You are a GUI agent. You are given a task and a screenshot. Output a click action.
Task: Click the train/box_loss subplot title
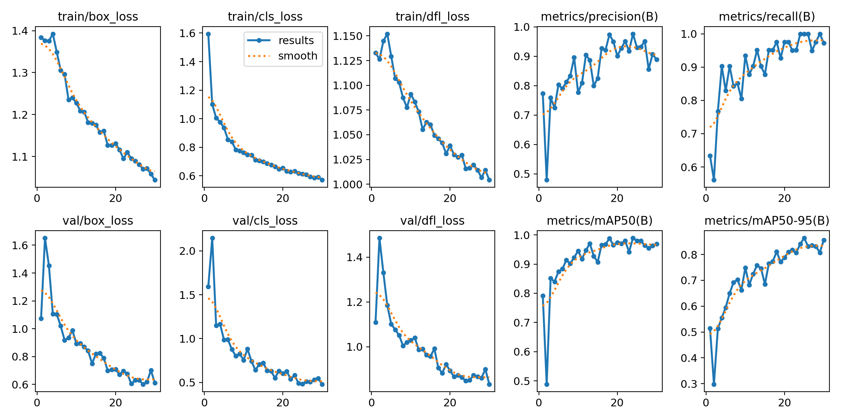[98, 16]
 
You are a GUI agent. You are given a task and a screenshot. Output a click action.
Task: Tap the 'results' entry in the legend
[296, 41]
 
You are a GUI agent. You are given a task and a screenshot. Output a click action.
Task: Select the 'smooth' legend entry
[298, 56]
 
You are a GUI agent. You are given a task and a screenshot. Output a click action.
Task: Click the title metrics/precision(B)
[599, 16]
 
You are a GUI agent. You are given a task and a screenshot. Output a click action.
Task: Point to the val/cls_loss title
[265, 220]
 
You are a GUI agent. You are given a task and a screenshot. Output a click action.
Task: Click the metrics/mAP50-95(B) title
[767, 220]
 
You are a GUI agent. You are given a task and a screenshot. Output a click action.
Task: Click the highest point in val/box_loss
[45, 238]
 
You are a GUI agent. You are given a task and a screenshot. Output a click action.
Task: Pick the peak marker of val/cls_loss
[212, 238]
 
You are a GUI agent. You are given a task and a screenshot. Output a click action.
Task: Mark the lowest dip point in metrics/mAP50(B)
[547, 384]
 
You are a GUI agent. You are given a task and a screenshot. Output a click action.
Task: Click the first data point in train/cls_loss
[208, 34]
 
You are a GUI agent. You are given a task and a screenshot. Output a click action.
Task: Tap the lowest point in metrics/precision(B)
[547, 180]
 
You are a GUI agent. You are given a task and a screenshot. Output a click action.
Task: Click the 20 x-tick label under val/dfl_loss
[450, 402]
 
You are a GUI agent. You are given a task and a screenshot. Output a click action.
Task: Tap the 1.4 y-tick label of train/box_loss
[20, 31]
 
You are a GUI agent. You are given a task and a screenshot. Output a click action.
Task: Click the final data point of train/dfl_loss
[489, 180]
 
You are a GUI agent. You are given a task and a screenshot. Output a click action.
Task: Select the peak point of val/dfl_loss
[380, 238]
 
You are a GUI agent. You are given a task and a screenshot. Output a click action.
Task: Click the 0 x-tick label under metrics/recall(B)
[706, 198]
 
